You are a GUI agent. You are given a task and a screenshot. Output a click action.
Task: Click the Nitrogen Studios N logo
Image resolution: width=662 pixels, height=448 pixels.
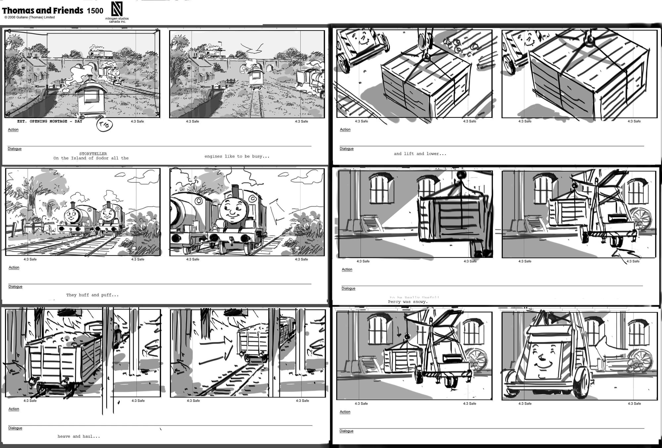point(117,9)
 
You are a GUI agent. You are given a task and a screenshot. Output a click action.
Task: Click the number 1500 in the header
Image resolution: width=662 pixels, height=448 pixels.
point(95,11)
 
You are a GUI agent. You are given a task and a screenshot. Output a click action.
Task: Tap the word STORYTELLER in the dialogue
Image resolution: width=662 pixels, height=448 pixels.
point(93,154)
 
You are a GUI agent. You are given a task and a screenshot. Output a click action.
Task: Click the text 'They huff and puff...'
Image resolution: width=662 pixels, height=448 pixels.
point(92,295)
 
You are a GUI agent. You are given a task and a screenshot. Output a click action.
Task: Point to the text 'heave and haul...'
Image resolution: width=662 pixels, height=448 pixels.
point(79,436)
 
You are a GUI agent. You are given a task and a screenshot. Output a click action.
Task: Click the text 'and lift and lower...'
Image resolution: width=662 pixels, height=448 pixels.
point(420,154)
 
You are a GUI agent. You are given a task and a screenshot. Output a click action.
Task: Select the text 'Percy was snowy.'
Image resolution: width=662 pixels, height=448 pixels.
point(408,302)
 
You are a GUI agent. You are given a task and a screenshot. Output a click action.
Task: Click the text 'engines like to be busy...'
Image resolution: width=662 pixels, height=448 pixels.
point(237,156)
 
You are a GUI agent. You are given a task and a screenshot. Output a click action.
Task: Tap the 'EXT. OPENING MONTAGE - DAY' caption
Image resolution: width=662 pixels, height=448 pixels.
point(50,122)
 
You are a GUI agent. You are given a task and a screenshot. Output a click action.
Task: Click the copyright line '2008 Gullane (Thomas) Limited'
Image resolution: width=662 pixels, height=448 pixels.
point(29,18)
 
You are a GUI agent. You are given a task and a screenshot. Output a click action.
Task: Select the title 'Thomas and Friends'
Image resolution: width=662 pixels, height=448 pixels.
point(43,11)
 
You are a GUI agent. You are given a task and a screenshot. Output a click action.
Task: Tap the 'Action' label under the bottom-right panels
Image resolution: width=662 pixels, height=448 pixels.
point(345,412)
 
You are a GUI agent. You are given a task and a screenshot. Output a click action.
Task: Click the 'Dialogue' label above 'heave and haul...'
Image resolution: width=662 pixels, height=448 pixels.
point(15,428)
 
